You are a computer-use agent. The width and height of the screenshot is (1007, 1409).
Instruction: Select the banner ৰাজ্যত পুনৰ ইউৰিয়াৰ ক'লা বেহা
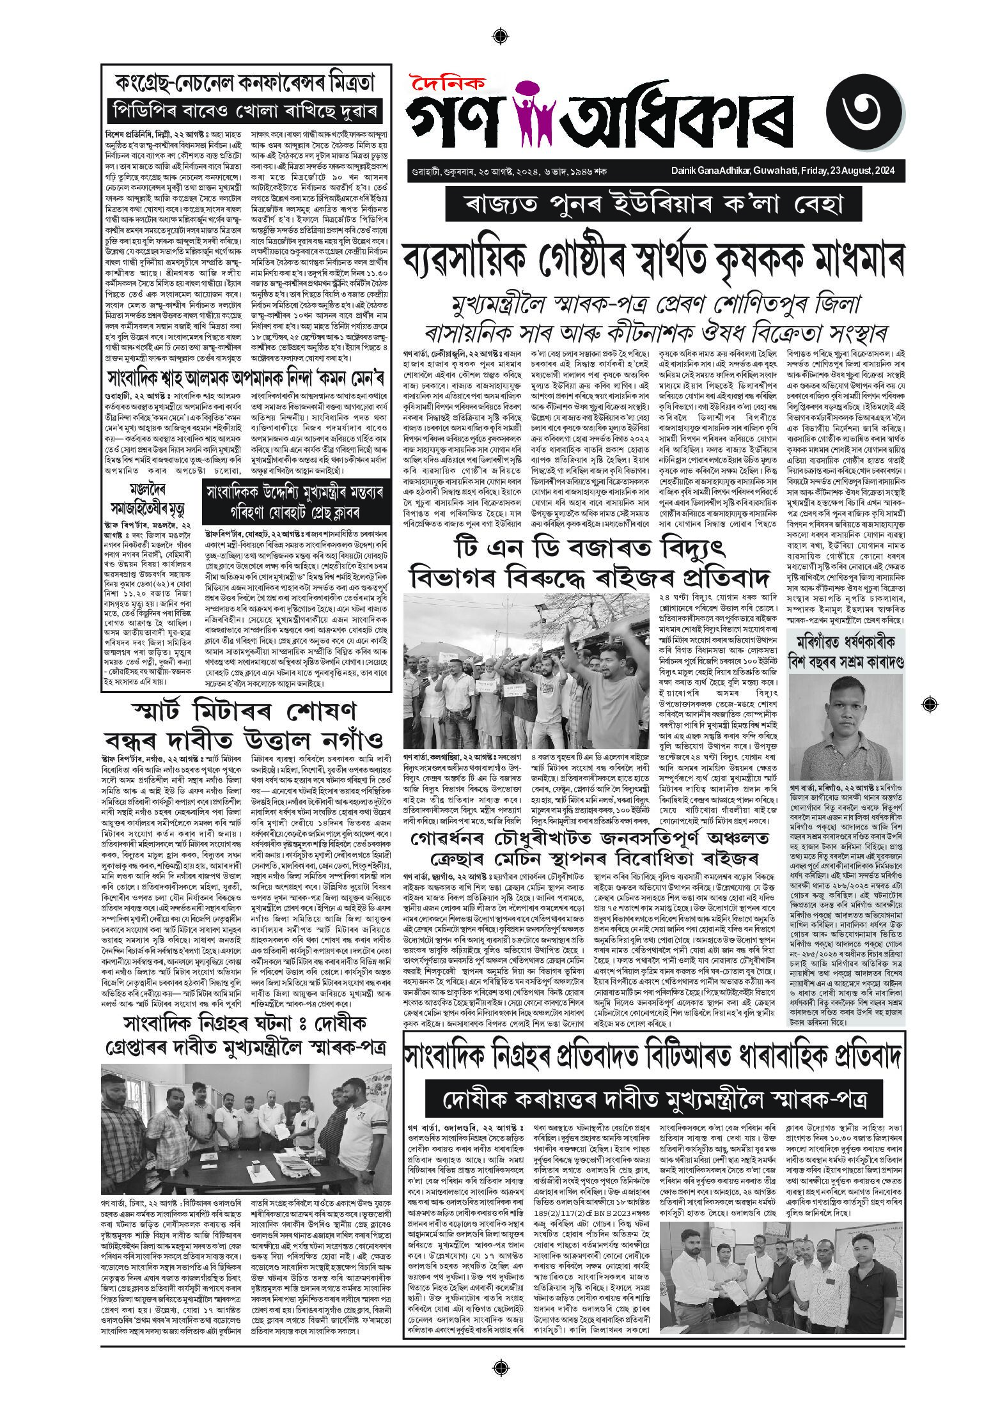[x=653, y=206]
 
